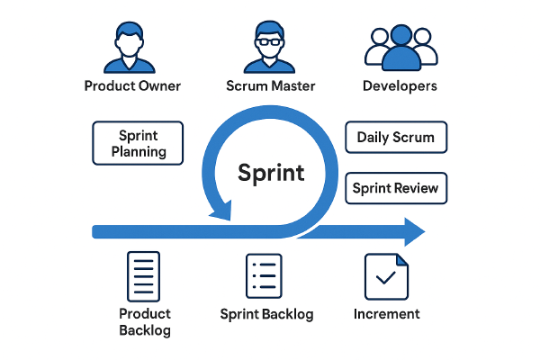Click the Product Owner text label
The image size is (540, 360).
coord(132,86)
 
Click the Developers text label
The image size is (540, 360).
coord(400,86)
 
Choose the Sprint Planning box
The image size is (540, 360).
coord(139,143)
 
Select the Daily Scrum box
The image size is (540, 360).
coord(396,138)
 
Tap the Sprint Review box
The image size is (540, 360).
coord(396,188)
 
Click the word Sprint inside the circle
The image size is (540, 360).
coord(271,173)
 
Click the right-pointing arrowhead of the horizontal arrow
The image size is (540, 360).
coord(413,231)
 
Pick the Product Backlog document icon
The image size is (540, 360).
coord(144,276)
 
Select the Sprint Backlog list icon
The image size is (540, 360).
coord(265,276)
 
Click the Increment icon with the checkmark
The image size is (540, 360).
coord(386,276)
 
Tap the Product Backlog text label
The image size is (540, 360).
coord(144,321)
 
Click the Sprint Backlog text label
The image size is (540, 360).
coord(266,314)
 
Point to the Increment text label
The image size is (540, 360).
coord(387,314)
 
